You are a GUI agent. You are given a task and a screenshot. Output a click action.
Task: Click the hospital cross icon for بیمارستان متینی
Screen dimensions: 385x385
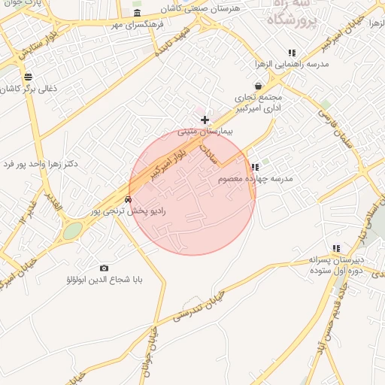(205, 120)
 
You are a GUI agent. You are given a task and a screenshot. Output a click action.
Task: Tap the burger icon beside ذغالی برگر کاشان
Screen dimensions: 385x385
(29, 77)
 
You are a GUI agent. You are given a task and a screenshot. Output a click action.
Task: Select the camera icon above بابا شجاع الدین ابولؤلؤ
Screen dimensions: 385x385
(104, 268)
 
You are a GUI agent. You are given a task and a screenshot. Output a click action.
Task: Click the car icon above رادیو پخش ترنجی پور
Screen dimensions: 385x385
(129, 200)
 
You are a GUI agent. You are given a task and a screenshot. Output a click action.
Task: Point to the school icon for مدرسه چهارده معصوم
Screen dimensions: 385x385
(255, 167)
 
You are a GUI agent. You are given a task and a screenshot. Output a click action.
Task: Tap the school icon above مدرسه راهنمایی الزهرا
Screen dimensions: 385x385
(292, 53)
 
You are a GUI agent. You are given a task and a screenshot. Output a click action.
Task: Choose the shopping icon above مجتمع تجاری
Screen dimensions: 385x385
(259, 86)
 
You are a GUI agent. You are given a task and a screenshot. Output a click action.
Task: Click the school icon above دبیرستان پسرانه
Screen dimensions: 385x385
(336, 248)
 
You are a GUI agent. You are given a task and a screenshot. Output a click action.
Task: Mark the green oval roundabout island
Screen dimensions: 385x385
(72, 232)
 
